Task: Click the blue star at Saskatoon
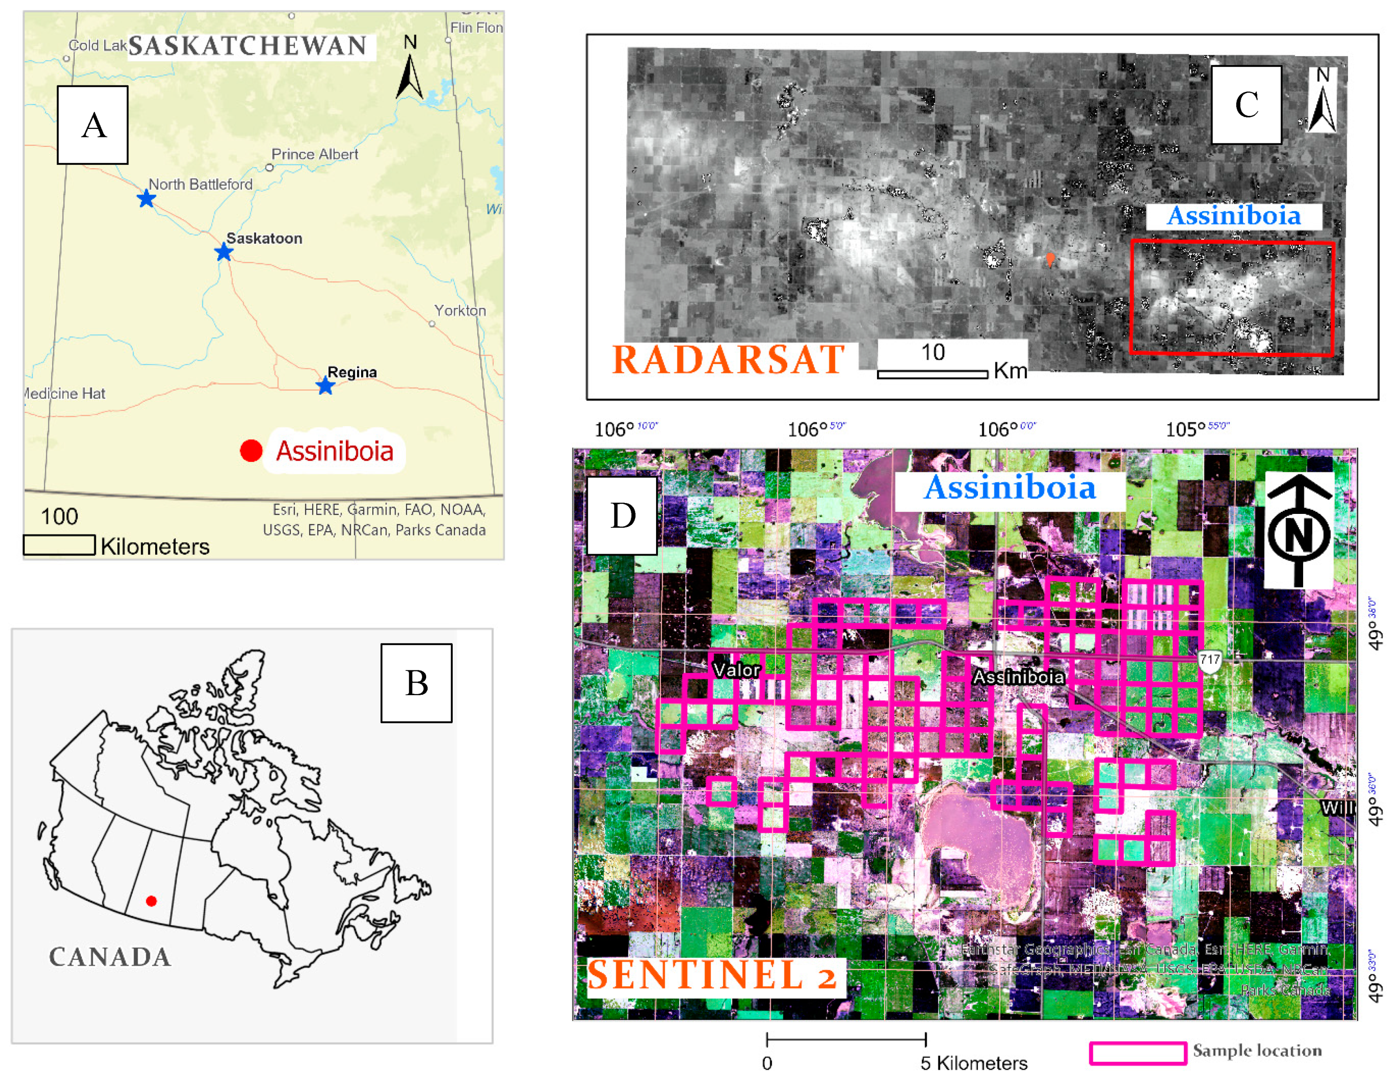[x=223, y=252]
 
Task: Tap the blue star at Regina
[x=326, y=385]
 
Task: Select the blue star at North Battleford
[x=147, y=199]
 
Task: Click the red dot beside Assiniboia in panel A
[x=251, y=451]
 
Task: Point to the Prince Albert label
[x=314, y=154]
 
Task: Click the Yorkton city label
[x=460, y=311]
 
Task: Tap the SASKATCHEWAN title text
[x=248, y=46]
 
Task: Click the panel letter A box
[x=93, y=125]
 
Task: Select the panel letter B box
[x=416, y=683]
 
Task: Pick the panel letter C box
[x=1246, y=105]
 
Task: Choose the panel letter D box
[x=622, y=515]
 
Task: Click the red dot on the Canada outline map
[x=151, y=901]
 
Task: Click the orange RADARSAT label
[x=728, y=360]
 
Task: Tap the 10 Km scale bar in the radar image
[x=933, y=374]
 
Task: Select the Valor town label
[x=736, y=670]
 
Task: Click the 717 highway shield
[x=1210, y=660]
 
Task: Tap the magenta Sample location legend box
[x=1137, y=1053]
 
